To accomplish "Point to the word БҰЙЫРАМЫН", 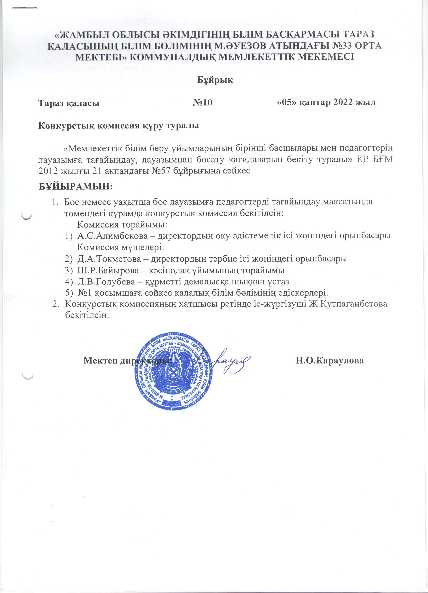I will (x=75, y=187).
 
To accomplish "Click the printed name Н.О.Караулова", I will (x=330, y=361).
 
